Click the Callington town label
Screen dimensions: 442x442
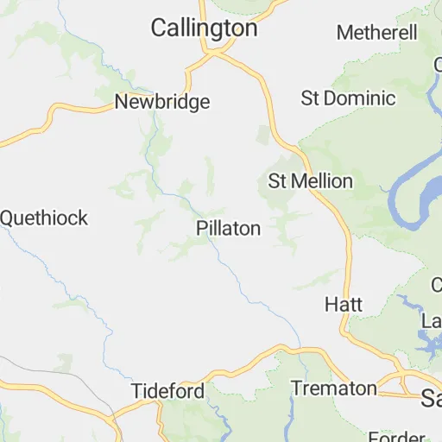[x=204, y=28]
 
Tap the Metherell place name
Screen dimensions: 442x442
[x=377, y=33]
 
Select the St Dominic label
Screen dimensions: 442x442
[x=348, y=98]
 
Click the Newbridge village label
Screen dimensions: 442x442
[x=162, y=102]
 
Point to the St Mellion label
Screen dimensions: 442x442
[x=310, y=181]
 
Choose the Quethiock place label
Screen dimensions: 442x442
[x=43, y=218]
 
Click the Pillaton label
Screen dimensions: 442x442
[x=228, y=229]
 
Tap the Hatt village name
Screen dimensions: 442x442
[x=343, y=305]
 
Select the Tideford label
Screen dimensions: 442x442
[x=168, y=391]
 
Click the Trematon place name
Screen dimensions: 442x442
[x=333, y=388]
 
